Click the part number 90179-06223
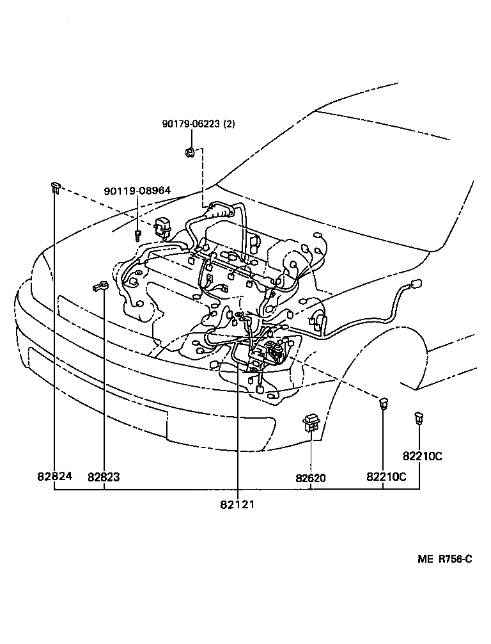(190, 124)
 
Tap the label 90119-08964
(137, 191)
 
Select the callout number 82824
(54, 477)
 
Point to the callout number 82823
(104, 477)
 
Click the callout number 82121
(237, 504)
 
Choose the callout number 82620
(311, 477)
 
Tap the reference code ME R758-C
(445, 559)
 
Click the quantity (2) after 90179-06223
(228, 124)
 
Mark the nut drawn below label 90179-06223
(190, 152)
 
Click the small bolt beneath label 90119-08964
(137, 235)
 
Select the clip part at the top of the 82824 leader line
(55, 187)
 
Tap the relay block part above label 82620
(311, 422)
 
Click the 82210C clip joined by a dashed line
(383, 403)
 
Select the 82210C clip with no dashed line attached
(418, 419)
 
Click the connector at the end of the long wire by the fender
(416, 284)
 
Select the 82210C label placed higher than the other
(423, 456)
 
